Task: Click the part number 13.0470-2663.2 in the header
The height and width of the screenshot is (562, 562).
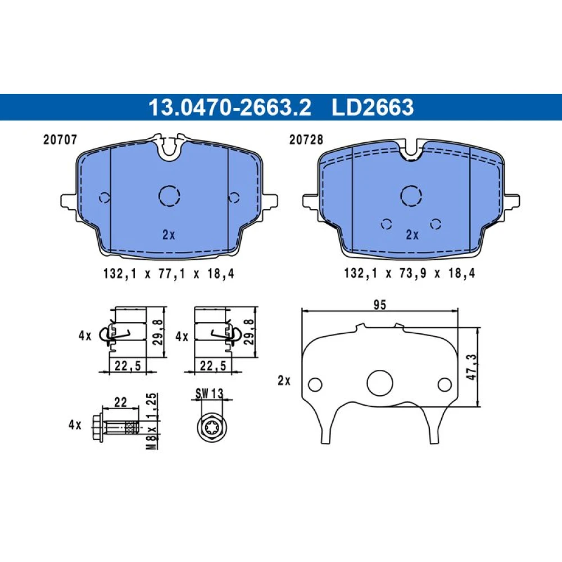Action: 230,107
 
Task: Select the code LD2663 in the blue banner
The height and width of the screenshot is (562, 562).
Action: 373,107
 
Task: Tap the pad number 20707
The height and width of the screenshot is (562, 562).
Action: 60,139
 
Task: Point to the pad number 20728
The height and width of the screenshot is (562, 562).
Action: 306,139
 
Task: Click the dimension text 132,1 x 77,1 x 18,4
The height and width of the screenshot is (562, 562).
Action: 169,274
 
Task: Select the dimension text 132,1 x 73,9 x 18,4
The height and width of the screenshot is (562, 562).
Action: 410,274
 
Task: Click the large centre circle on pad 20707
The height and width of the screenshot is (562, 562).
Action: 169,196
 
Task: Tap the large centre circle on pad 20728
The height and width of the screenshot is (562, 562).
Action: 411,196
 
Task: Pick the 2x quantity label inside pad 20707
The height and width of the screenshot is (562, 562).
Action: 169,235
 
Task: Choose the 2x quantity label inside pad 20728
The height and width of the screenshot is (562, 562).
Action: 412,235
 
